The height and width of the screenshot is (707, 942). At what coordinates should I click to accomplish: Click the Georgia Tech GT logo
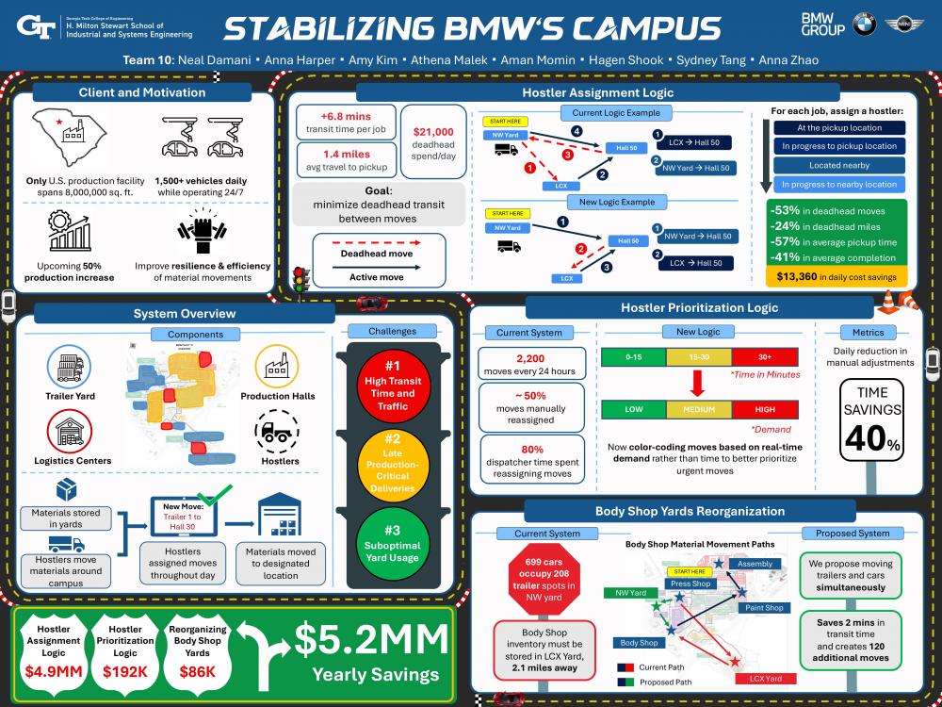pos(36,26)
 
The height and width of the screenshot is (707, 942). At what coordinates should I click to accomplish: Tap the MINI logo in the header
pos(904,25)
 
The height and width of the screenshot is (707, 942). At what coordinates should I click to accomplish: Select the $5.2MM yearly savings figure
pos(371,642)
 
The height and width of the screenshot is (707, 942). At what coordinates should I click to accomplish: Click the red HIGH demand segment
pos(765,410)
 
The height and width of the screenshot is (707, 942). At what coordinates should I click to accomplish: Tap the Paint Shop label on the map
pos(764,608)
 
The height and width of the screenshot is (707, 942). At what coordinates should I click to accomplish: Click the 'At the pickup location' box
pos(838,128)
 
